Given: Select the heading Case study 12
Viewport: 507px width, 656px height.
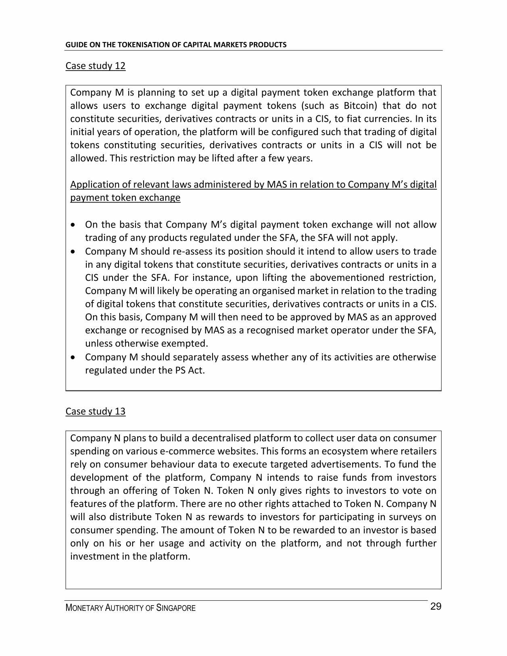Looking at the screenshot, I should coord(96,66).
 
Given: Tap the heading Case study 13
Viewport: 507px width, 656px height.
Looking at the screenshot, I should coord(96,411).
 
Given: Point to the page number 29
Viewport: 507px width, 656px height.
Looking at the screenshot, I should coord(436,607).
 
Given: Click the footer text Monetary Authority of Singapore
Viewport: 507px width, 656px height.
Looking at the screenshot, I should coord(130,608).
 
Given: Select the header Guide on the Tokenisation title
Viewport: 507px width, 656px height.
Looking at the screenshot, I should coord(176,45).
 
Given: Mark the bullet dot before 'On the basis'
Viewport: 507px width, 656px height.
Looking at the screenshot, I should coord(73,225).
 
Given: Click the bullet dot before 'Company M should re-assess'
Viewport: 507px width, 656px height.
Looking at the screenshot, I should coord(73,251).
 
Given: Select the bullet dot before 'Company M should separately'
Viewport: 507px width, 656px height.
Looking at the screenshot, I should coord(73,357).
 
